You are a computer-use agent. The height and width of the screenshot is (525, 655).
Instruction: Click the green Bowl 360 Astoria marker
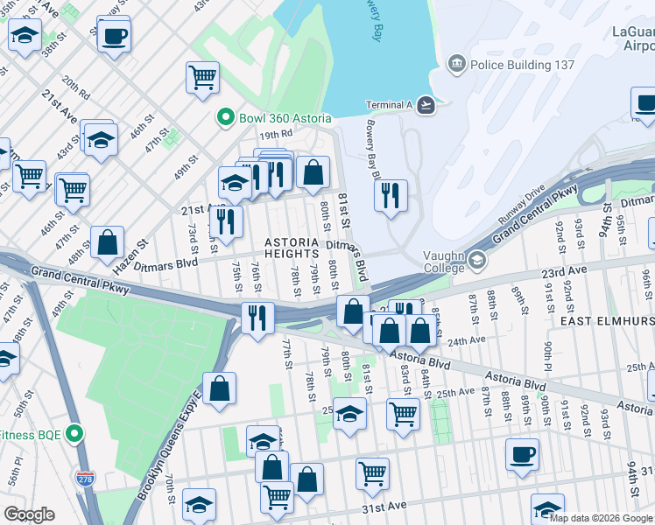coord(225,118)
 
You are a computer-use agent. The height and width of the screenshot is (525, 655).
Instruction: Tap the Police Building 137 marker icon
coord(456,64)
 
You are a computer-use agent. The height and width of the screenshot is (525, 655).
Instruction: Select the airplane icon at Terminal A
coord(426,105)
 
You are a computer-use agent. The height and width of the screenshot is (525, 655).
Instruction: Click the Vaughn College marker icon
coord(477,260)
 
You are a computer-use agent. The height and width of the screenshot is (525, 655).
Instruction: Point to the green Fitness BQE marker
coord(75,433)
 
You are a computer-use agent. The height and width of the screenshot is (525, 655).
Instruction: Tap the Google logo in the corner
coord(29,514)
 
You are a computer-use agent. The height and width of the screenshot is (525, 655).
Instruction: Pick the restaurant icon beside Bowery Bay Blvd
coord(391,194)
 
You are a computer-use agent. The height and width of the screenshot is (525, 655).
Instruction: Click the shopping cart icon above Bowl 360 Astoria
coord(202,77)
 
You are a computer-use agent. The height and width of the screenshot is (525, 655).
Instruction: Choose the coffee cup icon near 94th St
coord(522,454)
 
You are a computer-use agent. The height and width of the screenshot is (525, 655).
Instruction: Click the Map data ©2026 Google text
coord(601,518)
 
